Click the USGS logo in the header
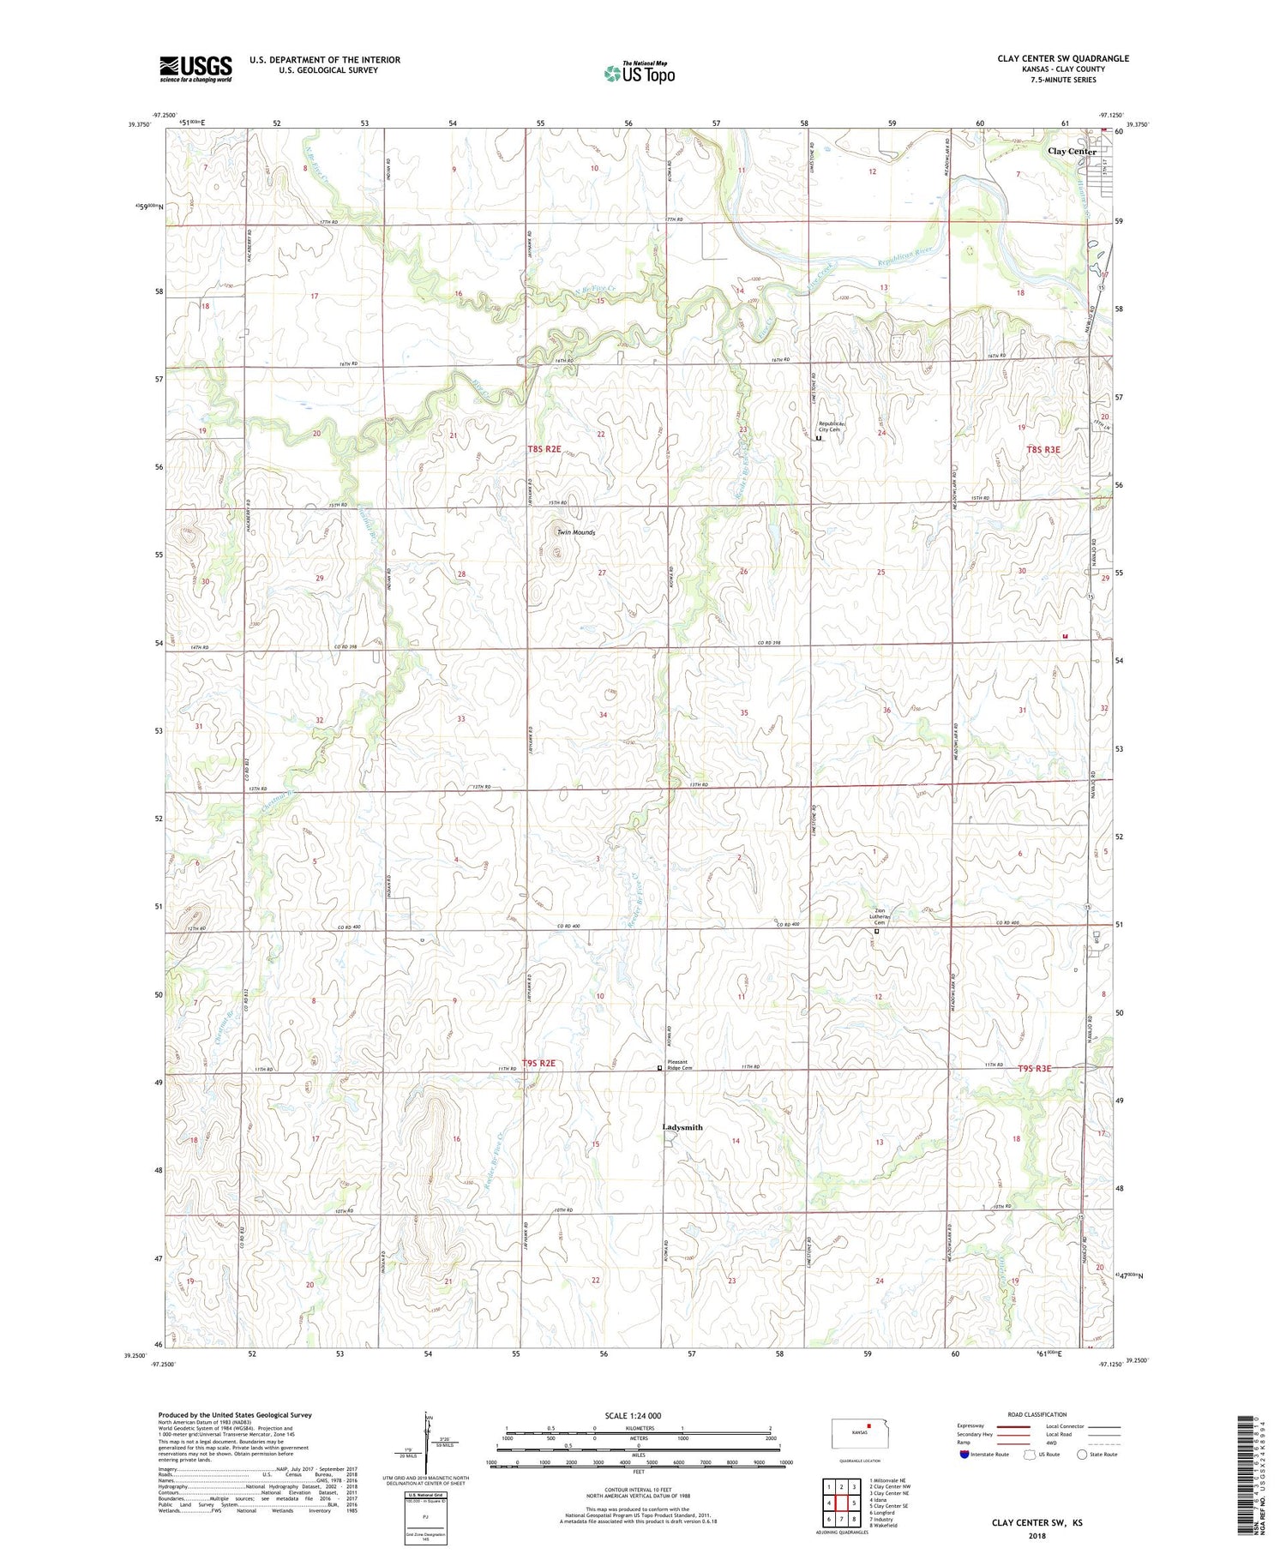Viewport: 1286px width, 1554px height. click(x=195, y=69)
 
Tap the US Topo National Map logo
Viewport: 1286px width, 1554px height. click(x=639, y=73)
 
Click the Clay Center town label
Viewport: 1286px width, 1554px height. click(x=1072, y=152)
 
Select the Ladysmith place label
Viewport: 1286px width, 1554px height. click(x=682, y=1127)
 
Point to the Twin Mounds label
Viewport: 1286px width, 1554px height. click(x=576, y=532)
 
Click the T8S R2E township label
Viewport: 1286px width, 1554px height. click(x=544, y=449)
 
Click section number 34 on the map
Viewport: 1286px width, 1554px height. click(x=604, y=715)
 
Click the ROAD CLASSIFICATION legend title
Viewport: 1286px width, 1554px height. click(x=1037, y=1414)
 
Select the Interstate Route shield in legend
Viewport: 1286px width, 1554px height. click(x=966, y=1455)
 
